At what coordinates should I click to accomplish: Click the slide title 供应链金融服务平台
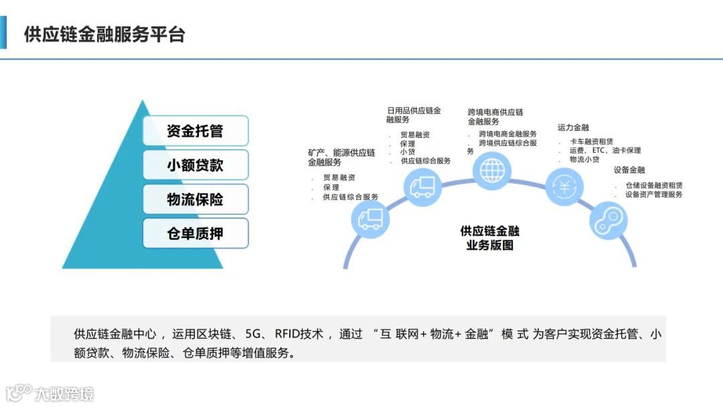pos(104,35)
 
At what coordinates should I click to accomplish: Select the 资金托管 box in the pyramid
pos(195,131)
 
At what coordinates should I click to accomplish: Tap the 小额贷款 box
pos(195,165)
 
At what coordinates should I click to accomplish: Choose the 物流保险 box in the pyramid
pos(195,199)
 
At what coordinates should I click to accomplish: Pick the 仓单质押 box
pos(195,234)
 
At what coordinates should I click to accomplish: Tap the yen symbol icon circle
pos(564,187)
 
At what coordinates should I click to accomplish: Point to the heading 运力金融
pos(573,127)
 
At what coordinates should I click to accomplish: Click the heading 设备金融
pos(629,170)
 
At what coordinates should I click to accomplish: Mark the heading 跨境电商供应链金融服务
pos(495,116)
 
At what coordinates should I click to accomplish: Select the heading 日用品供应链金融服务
pos(414,114)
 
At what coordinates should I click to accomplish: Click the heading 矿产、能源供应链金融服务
pos(341,157)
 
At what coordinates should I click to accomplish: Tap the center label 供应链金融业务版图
pos(489,238)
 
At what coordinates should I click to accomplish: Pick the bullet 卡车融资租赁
pos(596,142)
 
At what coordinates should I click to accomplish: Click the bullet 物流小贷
pos(584,160)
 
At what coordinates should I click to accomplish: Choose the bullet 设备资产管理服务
pos(653,195)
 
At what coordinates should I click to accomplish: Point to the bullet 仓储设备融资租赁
pos(653,185)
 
